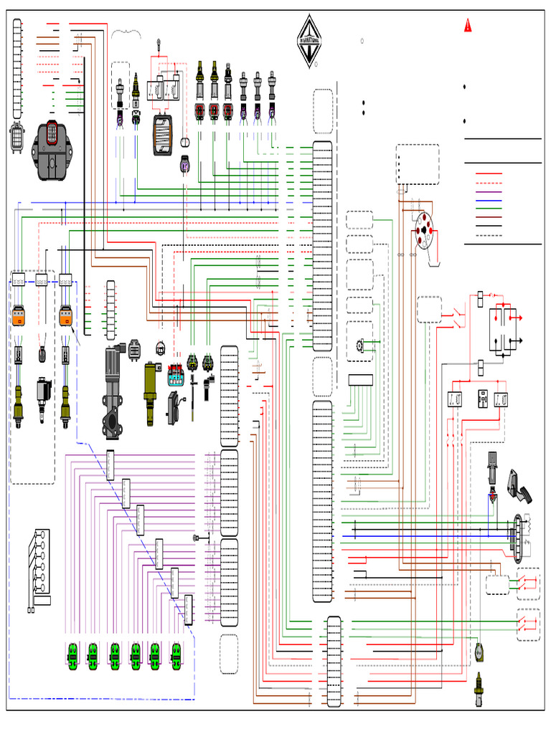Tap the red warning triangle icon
click(x=468, y=27)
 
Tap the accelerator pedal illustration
click(x=521, y=487)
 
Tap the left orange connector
click(x=19, y=315)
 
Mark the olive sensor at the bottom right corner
click(x=479, y=688)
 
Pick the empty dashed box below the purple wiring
click(x=229, y=654)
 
